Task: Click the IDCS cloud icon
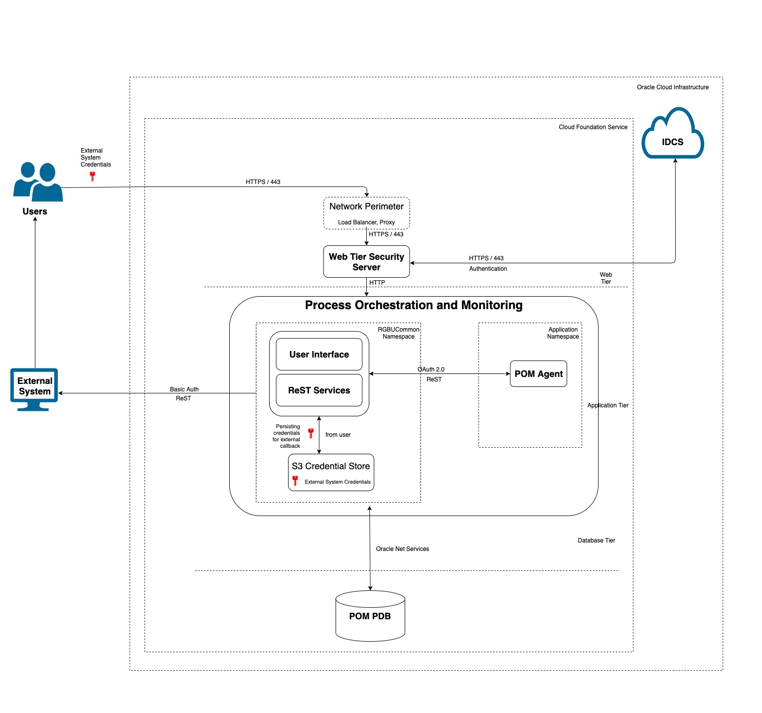[x=672, y=135]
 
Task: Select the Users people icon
[x=38, y=182]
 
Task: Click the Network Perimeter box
[x=366, y=213]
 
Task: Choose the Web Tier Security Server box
[x=366, y=261]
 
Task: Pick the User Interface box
[x=319, y=355]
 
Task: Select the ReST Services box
[x=319, y=390]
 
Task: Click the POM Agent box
[x=538, y=374]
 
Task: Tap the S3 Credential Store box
[x=331, y=472]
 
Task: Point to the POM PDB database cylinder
[x=370, y=616]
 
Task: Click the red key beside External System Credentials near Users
[x=92, y=176]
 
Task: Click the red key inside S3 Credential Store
[x=295, y=481]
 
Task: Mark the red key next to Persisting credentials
[x=310, y=433]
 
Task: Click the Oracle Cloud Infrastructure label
[x=672, y=87]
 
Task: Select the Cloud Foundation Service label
[x=593, y=127]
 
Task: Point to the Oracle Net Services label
[x=402, y=549]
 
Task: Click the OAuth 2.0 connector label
[x=431, y=369]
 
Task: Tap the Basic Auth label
[x=184, y=389]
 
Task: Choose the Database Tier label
[x=596, y=540]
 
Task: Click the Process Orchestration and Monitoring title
[x=414, y=305]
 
